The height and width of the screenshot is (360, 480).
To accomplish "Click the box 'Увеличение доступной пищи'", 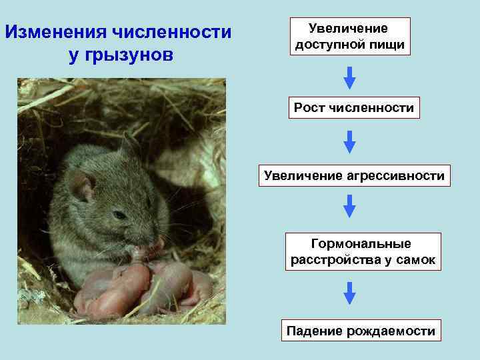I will coord(349,37).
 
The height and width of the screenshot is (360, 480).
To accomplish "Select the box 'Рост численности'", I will coord(354,107).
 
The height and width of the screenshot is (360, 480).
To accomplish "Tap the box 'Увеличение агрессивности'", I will coord(354,176).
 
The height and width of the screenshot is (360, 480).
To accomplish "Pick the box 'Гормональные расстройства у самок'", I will coord(363,252).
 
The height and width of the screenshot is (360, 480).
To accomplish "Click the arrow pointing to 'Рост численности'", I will coord(349,77).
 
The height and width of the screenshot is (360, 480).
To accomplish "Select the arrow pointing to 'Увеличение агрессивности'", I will coord(349,141).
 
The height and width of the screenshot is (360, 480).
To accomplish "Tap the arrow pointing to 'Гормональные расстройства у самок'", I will coord(349,206).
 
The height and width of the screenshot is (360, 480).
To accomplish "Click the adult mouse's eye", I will coord(119,215).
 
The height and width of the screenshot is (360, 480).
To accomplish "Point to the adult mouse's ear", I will coord(82,186).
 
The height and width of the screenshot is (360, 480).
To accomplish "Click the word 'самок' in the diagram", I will coord(417,260).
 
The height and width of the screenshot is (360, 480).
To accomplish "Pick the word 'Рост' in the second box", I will coord(309,107).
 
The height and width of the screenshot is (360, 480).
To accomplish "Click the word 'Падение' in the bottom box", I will coord(313,330).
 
